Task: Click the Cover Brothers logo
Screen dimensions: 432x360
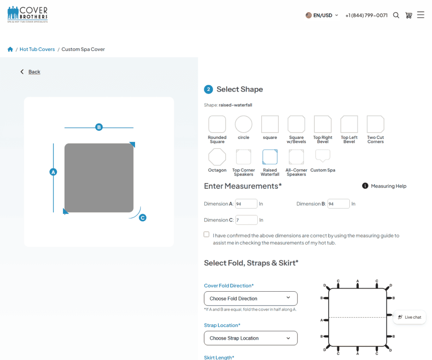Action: (27, 14)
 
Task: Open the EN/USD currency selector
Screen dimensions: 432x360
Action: (322, 16)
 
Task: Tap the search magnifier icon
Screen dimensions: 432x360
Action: (396, 15)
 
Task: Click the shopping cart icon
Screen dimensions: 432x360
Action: (408, 15)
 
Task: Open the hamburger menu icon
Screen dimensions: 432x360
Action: (421, 15)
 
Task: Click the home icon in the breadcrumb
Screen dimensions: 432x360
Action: (10, 49)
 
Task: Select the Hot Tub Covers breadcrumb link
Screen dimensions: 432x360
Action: (37, 49)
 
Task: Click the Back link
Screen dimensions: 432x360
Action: (34, 72)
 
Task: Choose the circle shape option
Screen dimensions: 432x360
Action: (243, 125)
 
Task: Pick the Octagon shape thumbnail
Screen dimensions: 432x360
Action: (217, 157)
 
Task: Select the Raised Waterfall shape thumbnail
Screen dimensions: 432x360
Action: (270, 157)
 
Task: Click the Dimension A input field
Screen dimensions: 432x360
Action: (246, 204)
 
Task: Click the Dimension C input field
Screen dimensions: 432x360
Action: (246, 220)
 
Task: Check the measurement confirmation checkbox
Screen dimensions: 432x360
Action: (207, 234)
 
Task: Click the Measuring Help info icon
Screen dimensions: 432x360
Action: (365, 186)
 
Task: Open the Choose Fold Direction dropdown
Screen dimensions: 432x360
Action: (251, 298)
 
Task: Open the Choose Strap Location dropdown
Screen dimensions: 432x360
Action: (251, 338)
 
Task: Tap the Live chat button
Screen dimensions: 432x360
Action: (410, 317)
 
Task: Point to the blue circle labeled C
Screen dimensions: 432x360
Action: (143, 218)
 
